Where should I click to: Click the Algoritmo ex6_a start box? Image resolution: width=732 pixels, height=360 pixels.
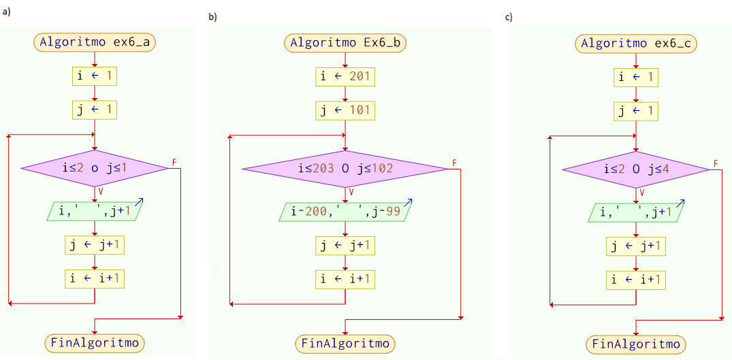(x=94, y=42)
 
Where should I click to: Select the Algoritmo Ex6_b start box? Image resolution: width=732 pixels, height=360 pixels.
(x=346, y=42)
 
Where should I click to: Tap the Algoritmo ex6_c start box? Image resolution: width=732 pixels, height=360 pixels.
(x=635, y=44)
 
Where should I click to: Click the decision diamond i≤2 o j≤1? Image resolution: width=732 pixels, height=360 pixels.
(x=94, y=167)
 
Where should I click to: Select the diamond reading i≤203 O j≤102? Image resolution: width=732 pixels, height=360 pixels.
(x=346, y=168)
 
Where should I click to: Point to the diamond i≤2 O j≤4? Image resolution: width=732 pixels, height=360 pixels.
(x=635, y=169)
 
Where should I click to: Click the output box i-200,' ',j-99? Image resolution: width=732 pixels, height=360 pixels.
(x=346, y=212)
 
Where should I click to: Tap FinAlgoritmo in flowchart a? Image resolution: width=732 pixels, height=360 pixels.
(x=94, y=342)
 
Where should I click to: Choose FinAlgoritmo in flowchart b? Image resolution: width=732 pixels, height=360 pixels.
(x=346, y=343)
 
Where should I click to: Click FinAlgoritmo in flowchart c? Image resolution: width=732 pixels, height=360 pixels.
(x=635, y=344)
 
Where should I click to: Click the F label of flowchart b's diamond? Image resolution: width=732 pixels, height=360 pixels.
(x=455, y=162)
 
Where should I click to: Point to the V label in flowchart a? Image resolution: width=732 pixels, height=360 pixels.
(x=101, y=192)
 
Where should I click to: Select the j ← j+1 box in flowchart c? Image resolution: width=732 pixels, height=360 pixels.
(x=635, y=246)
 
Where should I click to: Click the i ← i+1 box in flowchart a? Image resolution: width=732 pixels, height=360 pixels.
(x=94, y=278)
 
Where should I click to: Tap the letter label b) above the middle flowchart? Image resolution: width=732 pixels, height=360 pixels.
(x=212, y=17)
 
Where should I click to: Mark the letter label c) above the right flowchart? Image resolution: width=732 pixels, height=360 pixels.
(x=508, y=17)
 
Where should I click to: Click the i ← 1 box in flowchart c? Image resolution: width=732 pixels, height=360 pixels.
(x=635, y=78)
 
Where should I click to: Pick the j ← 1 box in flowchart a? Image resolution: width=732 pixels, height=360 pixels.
(x=94, y=109)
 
